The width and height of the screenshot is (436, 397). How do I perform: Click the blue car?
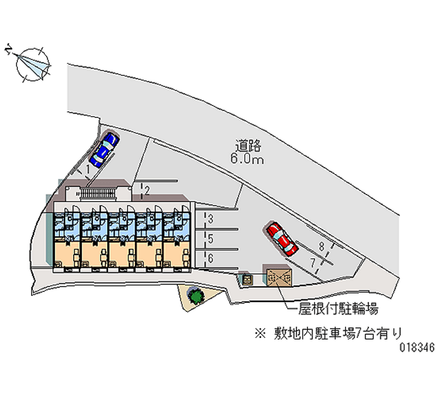(104, 149)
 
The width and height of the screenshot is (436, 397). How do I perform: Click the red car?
(282, 239)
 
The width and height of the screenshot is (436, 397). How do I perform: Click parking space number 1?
(87, 170)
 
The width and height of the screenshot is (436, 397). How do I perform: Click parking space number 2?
(146, 190)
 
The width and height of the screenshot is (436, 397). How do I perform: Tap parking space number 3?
(210, 220)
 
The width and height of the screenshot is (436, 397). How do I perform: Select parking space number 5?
(210, 239)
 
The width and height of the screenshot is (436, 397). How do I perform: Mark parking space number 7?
(313, 263)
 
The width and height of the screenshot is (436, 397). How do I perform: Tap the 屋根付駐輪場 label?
(337, 310)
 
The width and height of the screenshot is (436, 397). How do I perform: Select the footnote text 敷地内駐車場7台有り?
(338, 331)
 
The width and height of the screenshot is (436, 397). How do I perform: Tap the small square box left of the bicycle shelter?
(247, 279)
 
